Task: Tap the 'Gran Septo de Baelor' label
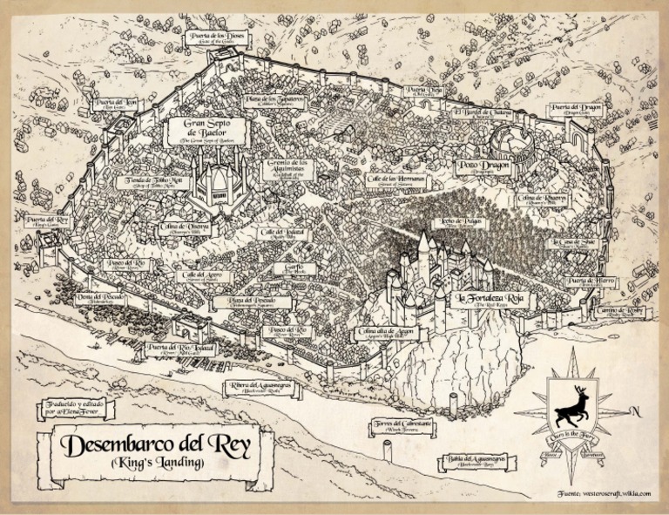pyautogui.click(x=206, y=131)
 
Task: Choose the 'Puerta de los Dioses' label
pyautogui.click(x=212, y=37)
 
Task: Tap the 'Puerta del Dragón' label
pyautogui.click(x=583, y=109)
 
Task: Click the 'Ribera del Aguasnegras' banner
pyautogui.click(x=261, y=387)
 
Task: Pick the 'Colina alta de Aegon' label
pyautogui.click(x=386, y=334)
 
